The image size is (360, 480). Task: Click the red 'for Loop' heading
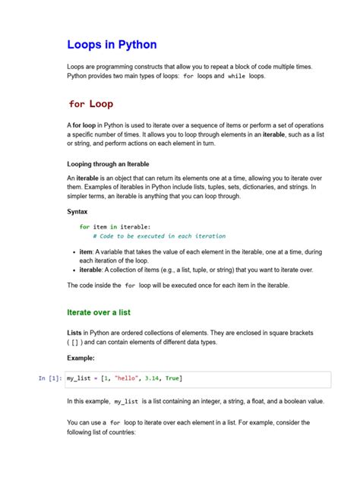91,103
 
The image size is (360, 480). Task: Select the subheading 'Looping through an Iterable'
108,163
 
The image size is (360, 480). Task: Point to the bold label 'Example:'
81,357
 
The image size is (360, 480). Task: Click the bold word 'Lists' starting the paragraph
76,333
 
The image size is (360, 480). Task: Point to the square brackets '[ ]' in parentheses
77,343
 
